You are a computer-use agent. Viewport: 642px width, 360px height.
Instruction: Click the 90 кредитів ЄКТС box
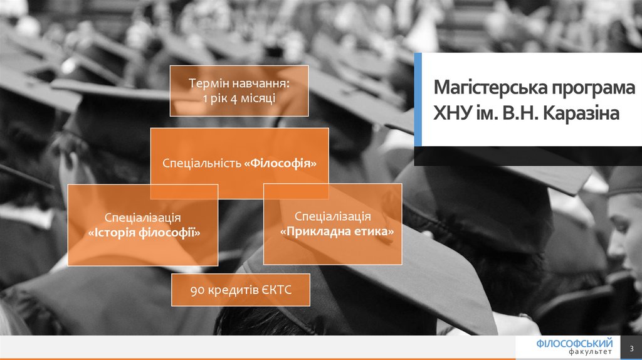(x=241, y=289)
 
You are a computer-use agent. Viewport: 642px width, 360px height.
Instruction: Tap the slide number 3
(x=631, y=349)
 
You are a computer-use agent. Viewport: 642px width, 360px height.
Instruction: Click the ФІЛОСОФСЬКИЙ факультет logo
(x=574, y=347)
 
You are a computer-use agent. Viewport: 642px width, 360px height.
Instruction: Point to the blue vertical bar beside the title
(x=418, y=100)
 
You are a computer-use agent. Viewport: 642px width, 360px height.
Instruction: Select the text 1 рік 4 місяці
(x=239, y=98)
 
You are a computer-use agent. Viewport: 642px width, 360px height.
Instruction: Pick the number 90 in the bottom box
(x=197, y=289)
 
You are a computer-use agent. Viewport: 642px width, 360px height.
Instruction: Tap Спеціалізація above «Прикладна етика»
(x=332, y=216)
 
